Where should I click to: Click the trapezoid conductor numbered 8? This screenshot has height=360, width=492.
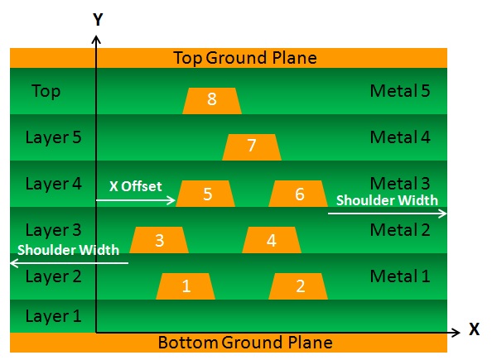coord(212,101)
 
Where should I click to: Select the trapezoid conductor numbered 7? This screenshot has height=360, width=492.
coord(252,147)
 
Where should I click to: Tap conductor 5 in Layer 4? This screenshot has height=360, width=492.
coord(205,194)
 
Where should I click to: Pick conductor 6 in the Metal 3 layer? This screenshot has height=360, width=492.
coord(298,194)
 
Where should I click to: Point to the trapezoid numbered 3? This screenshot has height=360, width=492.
coord(159,240)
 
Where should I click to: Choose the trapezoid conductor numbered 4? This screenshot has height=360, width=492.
coord(272,240)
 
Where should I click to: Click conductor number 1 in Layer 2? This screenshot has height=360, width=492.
coord(186,286)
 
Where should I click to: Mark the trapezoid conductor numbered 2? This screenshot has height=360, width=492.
coord(298,286)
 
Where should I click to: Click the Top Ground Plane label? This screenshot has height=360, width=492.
coord(245,58)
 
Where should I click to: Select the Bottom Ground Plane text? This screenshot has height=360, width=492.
coord(245,342)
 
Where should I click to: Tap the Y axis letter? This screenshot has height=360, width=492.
coord(98,20)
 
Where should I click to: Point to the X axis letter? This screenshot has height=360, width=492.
coord(474,329)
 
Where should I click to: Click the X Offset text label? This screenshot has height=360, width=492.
coord(136,186)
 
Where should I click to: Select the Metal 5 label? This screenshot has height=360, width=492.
coord(400,91)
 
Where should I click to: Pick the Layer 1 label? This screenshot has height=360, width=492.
coord(53,316)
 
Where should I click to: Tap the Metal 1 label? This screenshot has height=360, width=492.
coord(400,276)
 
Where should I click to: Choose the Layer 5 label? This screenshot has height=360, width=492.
coord(53,137)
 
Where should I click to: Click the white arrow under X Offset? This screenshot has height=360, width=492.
coord(136,200)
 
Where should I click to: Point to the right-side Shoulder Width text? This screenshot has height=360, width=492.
coord(387,200)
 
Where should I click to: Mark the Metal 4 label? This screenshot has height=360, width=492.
coord(400,137)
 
